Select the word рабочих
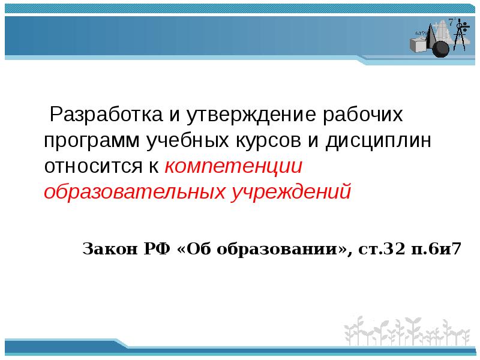[x=363, y=115]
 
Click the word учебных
[x=187, y=140]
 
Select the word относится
[x=94, y=166]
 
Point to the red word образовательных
[x=134, y=191]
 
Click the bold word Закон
[x=110, y=248]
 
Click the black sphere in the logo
[x=440, y=49]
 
